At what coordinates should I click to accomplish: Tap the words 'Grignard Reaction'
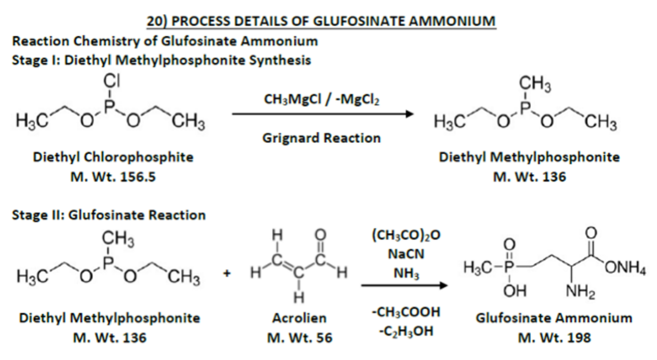322,138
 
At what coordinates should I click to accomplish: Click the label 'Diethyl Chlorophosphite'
114,157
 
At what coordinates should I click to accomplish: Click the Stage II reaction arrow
403,286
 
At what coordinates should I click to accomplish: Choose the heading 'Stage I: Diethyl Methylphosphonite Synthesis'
161,60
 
